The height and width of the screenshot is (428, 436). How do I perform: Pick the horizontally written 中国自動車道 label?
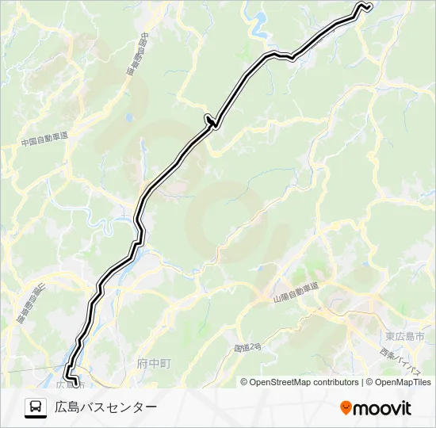pyautogui.click(x=44, y=139)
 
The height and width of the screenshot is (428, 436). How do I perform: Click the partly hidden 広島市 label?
pyautogui.click(x=67, y=384)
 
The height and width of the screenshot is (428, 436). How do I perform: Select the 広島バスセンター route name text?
pyautogui.click(x=105, y=407)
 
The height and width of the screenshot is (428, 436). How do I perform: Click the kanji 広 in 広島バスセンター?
pyautogui.click(x=61, y=407)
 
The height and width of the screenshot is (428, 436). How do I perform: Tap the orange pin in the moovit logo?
pyautogui.click(x=346, y=408)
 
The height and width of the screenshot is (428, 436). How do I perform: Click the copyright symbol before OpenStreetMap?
pyautogui.click(x=245, y=382)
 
